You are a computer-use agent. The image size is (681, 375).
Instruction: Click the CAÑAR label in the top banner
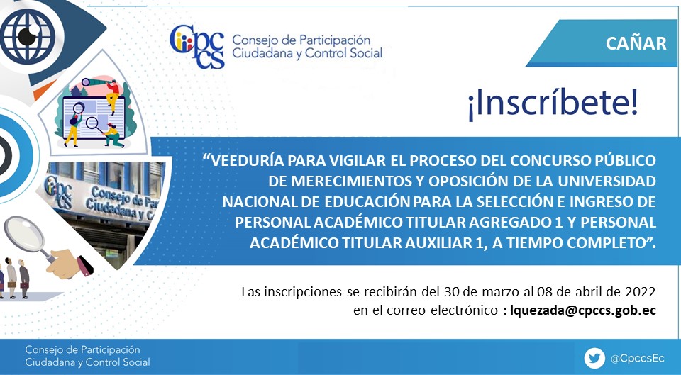[x=636, y=43]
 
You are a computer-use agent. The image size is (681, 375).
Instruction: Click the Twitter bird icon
[x=594, y=359]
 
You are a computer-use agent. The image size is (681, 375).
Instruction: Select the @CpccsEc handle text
[x=637, y=359]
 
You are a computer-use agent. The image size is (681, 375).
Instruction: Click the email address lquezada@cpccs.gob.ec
[x=583, y=310]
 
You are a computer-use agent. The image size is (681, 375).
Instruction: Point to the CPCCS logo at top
[x=197, y=47]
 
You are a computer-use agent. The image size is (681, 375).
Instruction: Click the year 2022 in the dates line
[x=640, y=291]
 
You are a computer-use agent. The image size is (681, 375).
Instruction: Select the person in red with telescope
[x=112, y=95]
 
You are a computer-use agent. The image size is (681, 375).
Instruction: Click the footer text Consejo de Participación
[x=82, y=349]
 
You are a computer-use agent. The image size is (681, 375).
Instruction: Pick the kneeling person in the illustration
[x=113, y=136]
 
